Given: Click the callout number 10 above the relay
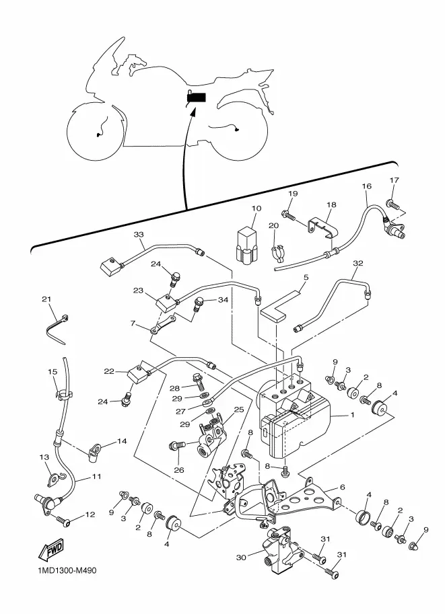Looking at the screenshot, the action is (256, 208).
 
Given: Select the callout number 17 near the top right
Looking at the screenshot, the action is (394, 180).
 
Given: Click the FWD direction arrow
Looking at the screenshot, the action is (50, 551).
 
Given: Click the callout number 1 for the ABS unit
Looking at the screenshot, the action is (352, 414).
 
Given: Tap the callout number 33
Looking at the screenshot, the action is (139, 235).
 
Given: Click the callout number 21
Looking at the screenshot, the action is (46, 299).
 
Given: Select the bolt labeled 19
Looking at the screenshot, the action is (288, 215).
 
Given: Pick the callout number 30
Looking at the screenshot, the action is (241, 557).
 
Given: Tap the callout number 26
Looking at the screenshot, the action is (179, 470).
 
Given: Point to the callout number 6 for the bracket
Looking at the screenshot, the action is (342, 487).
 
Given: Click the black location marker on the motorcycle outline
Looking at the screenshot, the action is (197, 98).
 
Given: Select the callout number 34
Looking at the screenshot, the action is (223, 300).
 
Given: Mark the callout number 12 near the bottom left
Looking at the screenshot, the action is (90, 514).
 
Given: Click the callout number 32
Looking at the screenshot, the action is (358, 263).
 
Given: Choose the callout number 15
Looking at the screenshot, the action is (53, 372).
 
